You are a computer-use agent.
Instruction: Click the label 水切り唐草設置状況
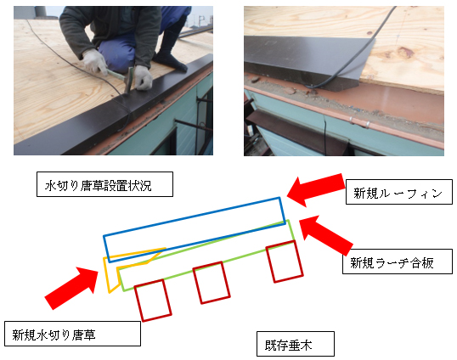tap(104, 184)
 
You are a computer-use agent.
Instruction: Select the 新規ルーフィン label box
tap(398, 192)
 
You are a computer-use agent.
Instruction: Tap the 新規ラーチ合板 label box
tap(398, 262)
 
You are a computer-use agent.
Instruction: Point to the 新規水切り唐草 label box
tap(72, 334)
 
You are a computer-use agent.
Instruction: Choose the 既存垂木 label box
tap(296, 344)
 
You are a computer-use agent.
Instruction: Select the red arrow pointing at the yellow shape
tap(71, 288)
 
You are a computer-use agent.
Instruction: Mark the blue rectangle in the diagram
tap(195, 230)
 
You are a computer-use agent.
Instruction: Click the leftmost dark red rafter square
tap(153, 301)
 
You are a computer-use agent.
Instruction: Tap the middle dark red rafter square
tap(212, 283)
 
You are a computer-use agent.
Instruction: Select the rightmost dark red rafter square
tap(285, 262)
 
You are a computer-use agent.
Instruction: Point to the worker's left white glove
tap(144, 77)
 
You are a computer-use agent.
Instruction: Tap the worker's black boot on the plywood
tap(170, 62)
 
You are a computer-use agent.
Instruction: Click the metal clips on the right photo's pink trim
tap(359, 122)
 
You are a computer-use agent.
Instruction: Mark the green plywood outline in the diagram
tap(207, 256)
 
